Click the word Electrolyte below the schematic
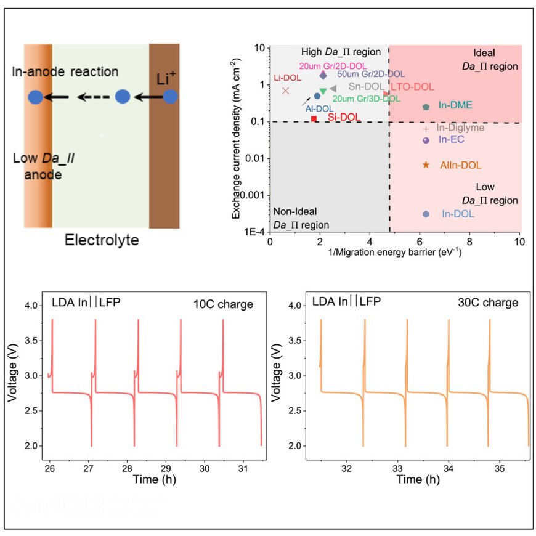(x=102, y=239)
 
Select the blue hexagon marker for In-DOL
(x=426, y=214)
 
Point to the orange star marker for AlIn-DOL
(x=426, y=165)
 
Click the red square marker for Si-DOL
(x=314, y=118)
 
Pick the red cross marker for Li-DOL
(x=285, y=91)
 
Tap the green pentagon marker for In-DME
(x=426, y=107)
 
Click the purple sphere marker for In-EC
(x=426, y=140)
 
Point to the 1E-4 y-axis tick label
(x=255, y=232)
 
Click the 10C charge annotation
(x=223, y=304)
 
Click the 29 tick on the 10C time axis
(x=176, y=462)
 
